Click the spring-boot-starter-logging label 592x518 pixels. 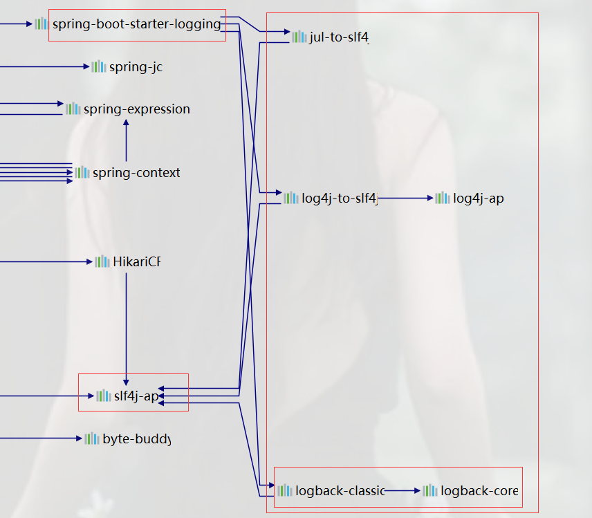click(x=136, y=24)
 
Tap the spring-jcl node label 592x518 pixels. click(x=136, y=67)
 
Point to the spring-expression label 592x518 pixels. click(x=136, y=109)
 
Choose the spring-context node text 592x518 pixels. click(x=136, y=172)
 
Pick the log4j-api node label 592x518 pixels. click(x=479, y=198)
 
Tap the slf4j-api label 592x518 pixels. click(x=136, y=396)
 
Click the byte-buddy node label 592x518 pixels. click(x=136, y=438)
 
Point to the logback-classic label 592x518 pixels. click(x=340, y=491)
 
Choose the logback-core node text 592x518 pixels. click(x=479, y=491)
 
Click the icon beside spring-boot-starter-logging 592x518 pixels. click(x=41, y=24)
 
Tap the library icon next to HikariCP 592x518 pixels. click(x=102, y=261)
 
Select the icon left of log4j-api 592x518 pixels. click(x=443, y=198)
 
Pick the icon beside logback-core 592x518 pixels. click(x=430, y=491)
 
